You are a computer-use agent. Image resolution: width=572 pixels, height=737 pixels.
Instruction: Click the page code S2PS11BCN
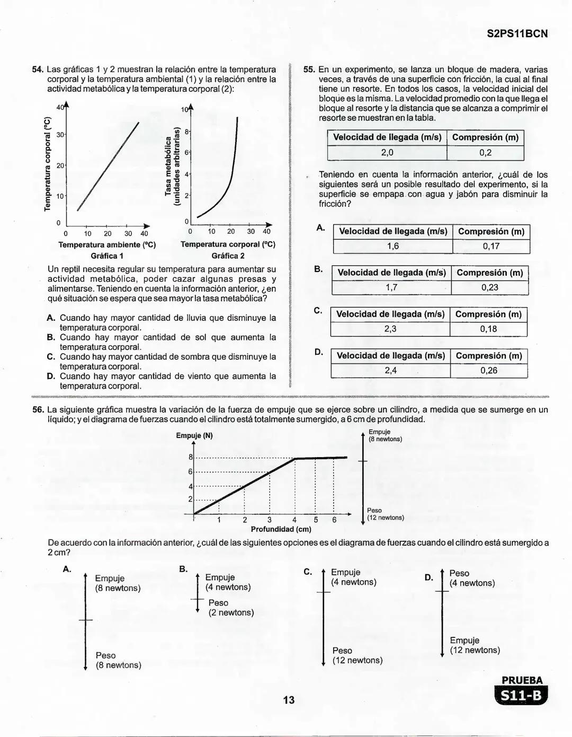tap(517, 34)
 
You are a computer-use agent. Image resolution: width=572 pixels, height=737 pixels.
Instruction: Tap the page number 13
tap(289, 700)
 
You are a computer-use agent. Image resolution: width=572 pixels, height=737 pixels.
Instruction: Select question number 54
tap(37, 69)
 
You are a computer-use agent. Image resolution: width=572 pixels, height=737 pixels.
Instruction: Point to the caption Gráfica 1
tap(107, 256)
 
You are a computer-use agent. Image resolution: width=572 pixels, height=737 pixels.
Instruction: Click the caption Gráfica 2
tap(228, 256)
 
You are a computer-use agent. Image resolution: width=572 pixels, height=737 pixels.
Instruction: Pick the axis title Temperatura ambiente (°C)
tap(107, 245)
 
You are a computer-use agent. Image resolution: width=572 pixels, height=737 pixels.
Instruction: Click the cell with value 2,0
tap(387, 153)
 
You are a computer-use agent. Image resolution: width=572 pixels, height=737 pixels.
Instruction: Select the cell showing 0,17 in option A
tap(491, 246)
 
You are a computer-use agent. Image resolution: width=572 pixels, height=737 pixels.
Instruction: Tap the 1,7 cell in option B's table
tap(391, 287)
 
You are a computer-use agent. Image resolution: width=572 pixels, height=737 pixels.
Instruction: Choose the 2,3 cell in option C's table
tap(390, 329)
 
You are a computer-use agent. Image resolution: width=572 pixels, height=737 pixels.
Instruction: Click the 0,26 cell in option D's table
tap(489, 370)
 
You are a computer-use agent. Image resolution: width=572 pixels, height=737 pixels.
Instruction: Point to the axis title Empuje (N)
tap(194, 436)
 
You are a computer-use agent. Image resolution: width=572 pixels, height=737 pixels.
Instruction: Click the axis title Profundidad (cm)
tap(281, 529)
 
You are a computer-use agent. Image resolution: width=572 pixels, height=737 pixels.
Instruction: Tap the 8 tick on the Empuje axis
tap(191, 457)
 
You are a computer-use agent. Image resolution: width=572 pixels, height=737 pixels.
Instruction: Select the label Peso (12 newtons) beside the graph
tap(385, 514)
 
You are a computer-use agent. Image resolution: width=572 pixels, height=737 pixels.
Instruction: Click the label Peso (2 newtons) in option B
tap(231, 608)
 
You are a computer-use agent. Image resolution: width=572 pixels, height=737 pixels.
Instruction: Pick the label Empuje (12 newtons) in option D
tap(475, 645)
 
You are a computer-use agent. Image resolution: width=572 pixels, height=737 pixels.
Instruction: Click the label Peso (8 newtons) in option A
tap(118, 660)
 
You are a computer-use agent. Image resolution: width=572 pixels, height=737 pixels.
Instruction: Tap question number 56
tap(37, 410)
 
